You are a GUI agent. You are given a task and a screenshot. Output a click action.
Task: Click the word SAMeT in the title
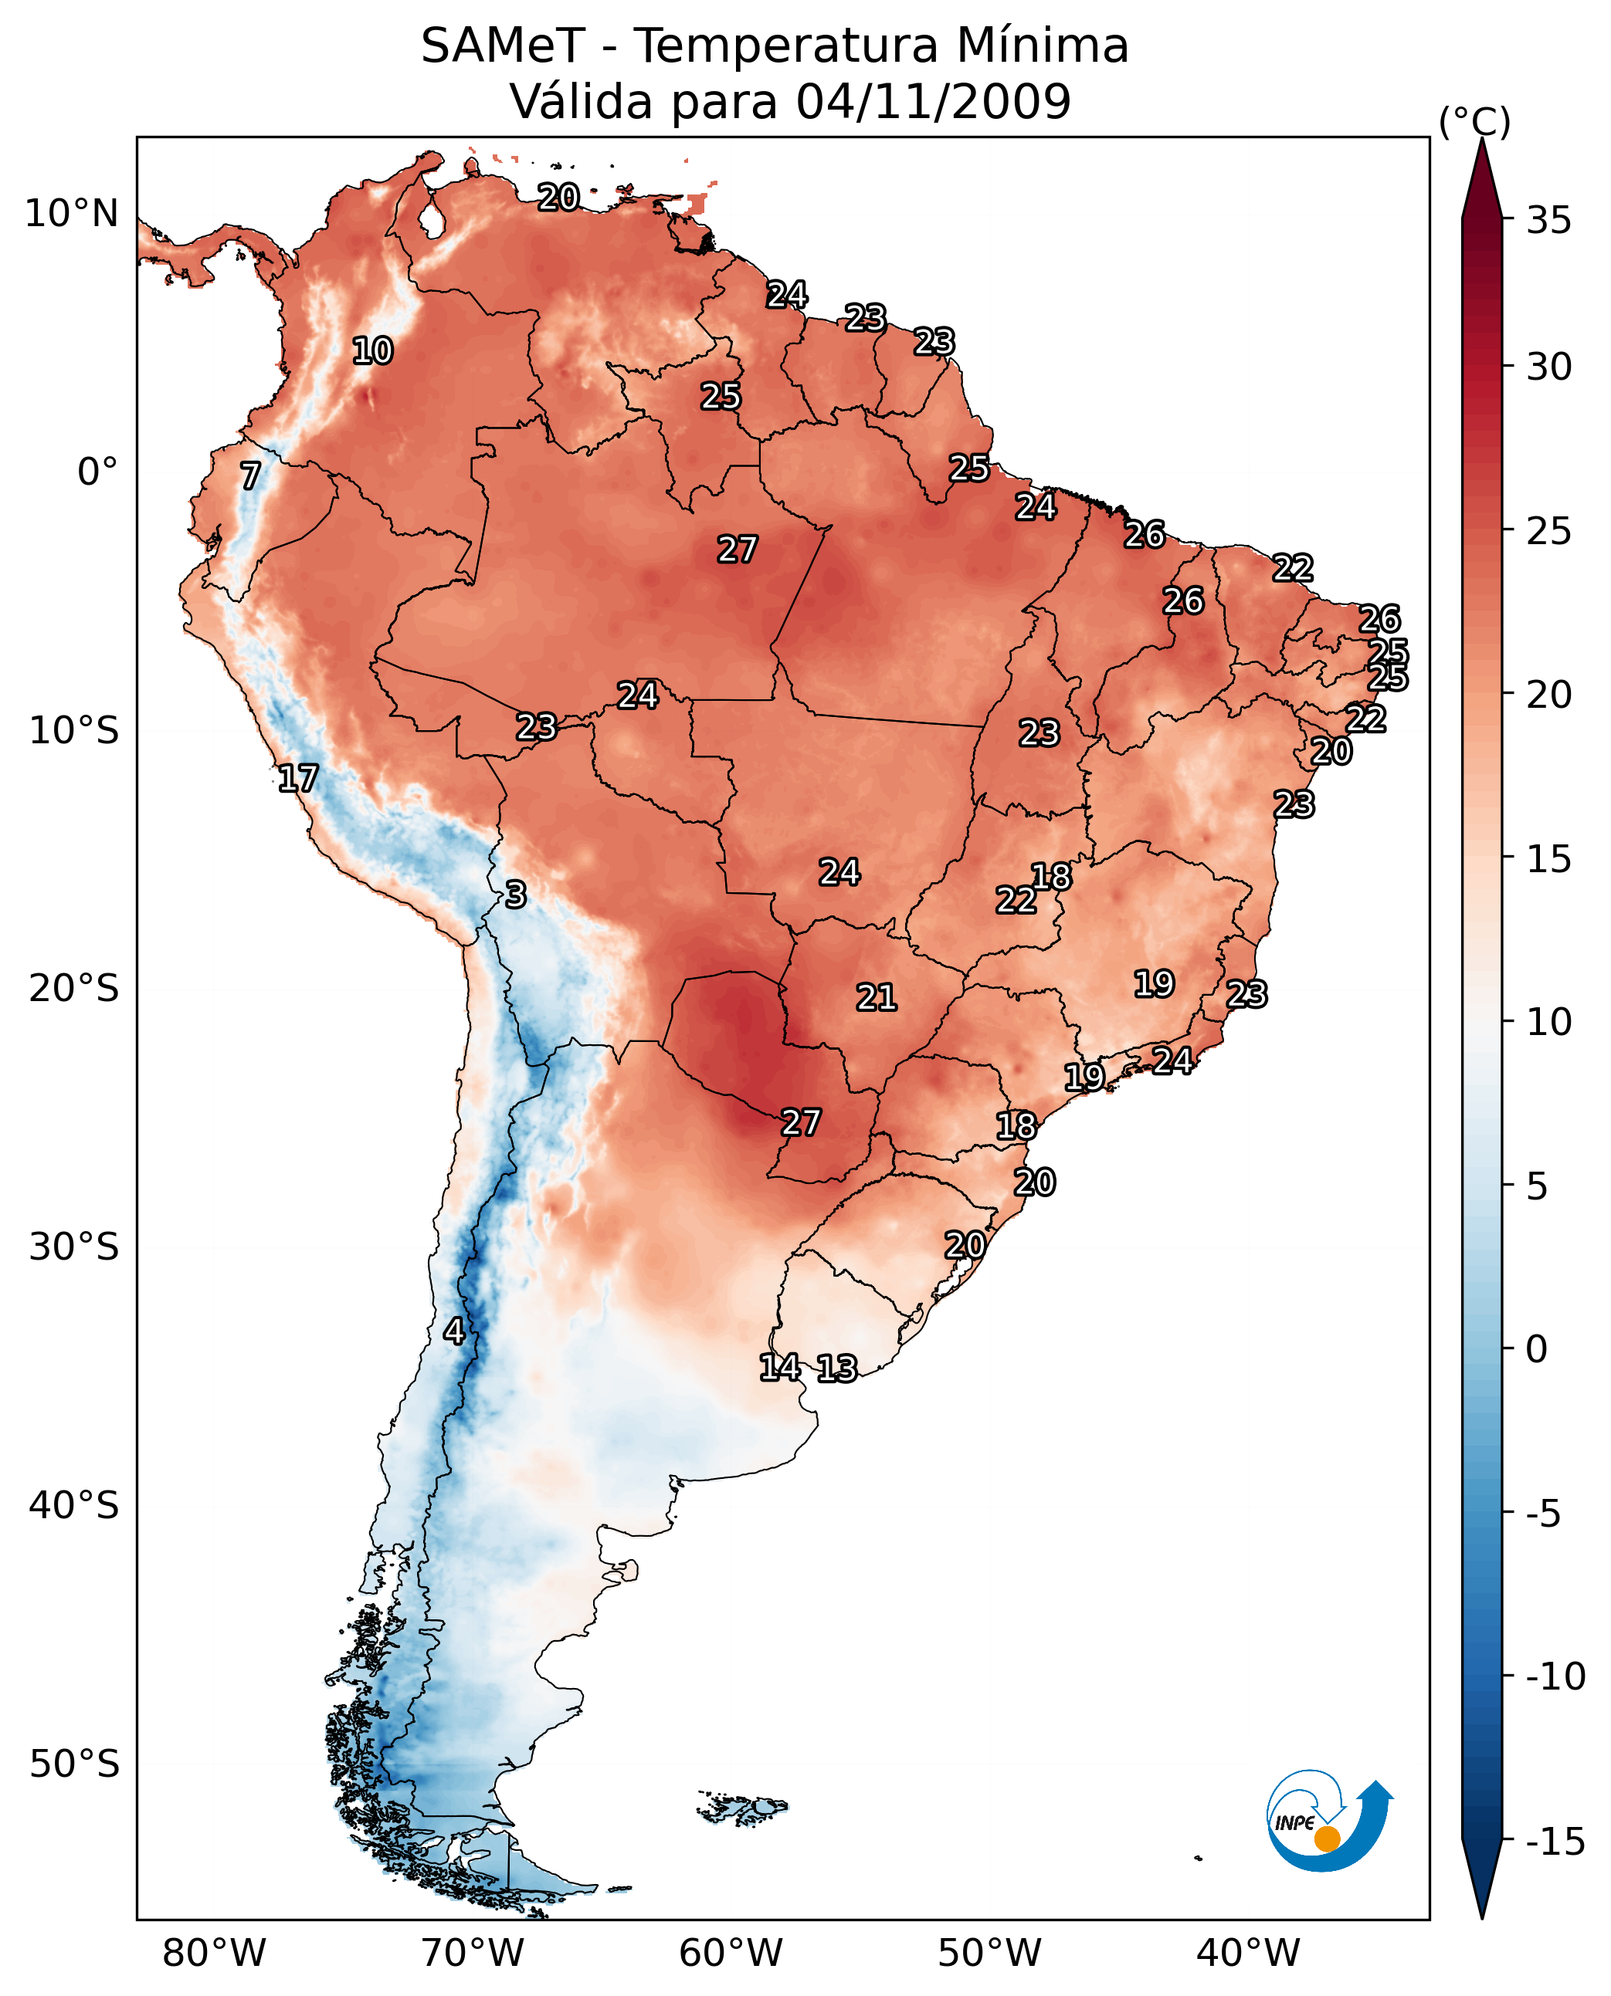click(x=503, y=46)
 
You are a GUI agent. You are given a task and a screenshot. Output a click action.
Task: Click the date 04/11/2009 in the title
click(x=934, y=101)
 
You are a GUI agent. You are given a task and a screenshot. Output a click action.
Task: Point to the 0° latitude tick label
click(x=97, y=472)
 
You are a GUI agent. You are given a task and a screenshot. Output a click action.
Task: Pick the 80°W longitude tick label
click(x=215, y=1953)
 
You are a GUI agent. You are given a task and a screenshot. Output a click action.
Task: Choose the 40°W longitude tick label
click(x=1248, y=1953)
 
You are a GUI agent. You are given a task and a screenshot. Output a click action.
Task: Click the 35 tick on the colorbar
click(x=1548, y=221)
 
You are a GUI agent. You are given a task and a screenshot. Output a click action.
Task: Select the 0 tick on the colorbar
click(x=1537, y=1349)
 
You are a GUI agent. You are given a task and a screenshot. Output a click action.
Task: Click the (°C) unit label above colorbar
click(x=1474, y=123)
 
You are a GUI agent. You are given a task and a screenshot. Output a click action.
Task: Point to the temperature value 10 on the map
click(x=373, y=351)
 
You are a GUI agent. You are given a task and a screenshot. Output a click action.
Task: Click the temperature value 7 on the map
click(x=250, y=475)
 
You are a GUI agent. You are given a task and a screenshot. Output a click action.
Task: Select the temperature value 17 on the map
click(x=298, y=778)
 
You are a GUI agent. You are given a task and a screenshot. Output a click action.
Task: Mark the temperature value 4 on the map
click(x=454, y=1331)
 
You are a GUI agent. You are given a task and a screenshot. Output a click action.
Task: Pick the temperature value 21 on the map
click(x=876, y=997)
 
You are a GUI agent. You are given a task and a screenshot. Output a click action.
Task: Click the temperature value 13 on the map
click(x=837, y=1368)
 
